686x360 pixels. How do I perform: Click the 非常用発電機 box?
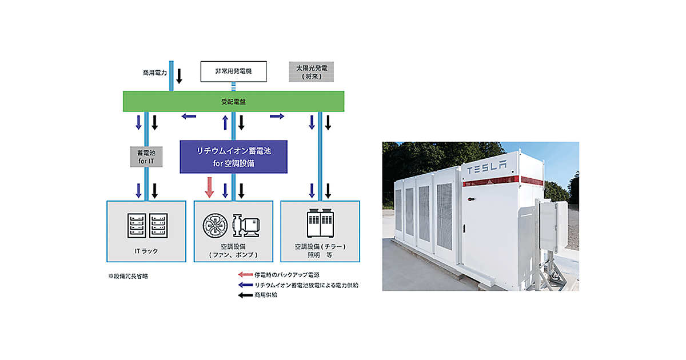pos(233,71)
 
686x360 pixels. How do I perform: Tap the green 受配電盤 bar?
pos(234,101)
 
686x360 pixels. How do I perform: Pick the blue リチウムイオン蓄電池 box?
pos(233,157)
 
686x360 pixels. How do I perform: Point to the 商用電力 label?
pos(155,73)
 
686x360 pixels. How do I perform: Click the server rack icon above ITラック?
pos(146,226)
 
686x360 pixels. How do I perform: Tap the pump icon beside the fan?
pos(246,226)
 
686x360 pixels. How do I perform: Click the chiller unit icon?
pos(320,225)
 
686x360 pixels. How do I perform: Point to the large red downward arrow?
pos(209,187)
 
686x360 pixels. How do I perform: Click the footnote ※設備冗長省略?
pos(128,276)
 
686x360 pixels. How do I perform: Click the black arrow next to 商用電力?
pos(179,75)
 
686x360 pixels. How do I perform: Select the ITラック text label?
pos(146,250)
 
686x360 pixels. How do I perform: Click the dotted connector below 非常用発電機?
pos(233,86)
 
